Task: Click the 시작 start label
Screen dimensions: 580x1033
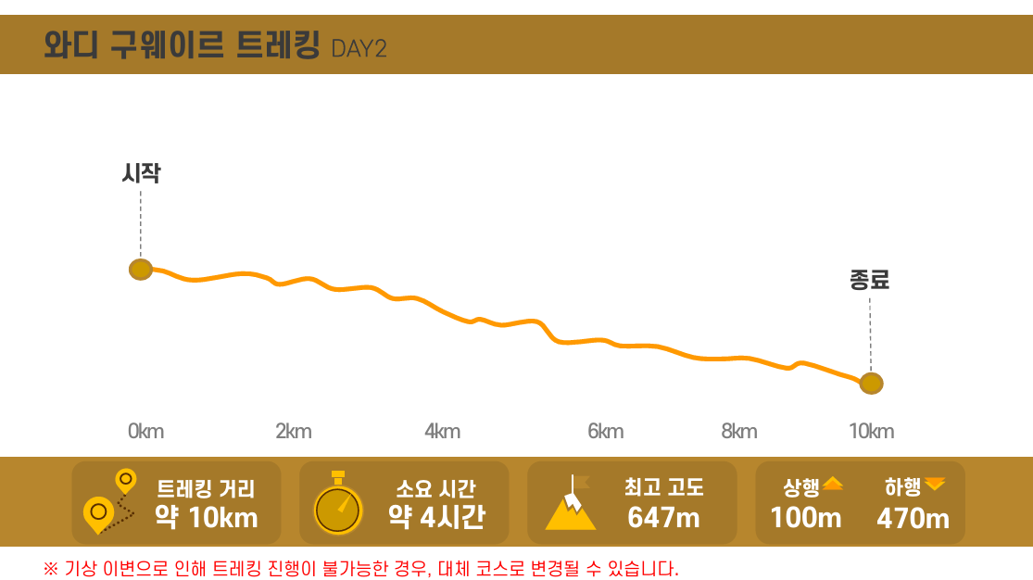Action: pos(141,173)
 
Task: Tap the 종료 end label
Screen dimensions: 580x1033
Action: pos(869,280)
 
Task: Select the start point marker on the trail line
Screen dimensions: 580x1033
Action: pos(141,270)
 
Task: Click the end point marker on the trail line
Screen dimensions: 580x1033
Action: pos(871,383)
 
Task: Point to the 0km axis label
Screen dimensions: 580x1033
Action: pos(145,431)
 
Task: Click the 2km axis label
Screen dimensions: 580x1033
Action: pos(294,431)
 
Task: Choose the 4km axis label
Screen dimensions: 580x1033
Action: pos(442,431)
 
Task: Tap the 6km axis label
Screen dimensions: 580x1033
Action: pos(605,431)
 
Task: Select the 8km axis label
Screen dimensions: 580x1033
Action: pos(739,431)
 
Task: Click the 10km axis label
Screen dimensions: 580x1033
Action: pos(872,431)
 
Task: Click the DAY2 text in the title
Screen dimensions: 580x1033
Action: pos(359,48)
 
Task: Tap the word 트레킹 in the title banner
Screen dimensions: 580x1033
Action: pos(278,44)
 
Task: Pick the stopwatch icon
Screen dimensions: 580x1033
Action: pos(338,504)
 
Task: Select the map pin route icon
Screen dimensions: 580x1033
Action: pos(109,502)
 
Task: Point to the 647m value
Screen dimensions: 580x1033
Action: pos(663,518)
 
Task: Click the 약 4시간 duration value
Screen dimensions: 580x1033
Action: pos(435,517)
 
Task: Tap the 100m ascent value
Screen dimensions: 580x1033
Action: pos(806,518)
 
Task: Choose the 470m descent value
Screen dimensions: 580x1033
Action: pos(913,518)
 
